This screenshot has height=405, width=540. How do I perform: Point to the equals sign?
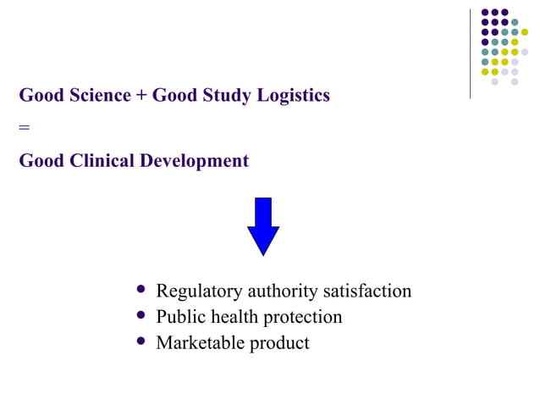coord(24,128)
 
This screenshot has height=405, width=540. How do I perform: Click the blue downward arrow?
coord(263,226)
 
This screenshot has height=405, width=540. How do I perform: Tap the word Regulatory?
coord(200,291)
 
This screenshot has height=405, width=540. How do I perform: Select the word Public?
coord(179,317)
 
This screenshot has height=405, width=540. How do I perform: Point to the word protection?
coord(302,318)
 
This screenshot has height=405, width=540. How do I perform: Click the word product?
coord(279,344)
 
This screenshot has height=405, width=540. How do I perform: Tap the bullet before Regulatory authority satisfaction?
coord(141,291)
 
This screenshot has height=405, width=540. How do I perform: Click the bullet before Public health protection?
coord(141,317)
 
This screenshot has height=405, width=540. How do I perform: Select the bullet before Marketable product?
coord(141,342)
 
